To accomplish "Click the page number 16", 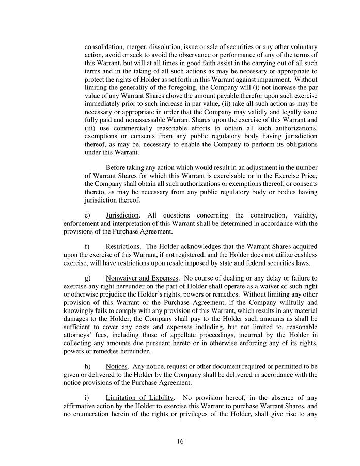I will [179, 441].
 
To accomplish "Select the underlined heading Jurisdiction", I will [122, 215].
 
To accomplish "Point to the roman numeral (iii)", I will [91, 127].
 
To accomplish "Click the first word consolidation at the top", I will [104, 47].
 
